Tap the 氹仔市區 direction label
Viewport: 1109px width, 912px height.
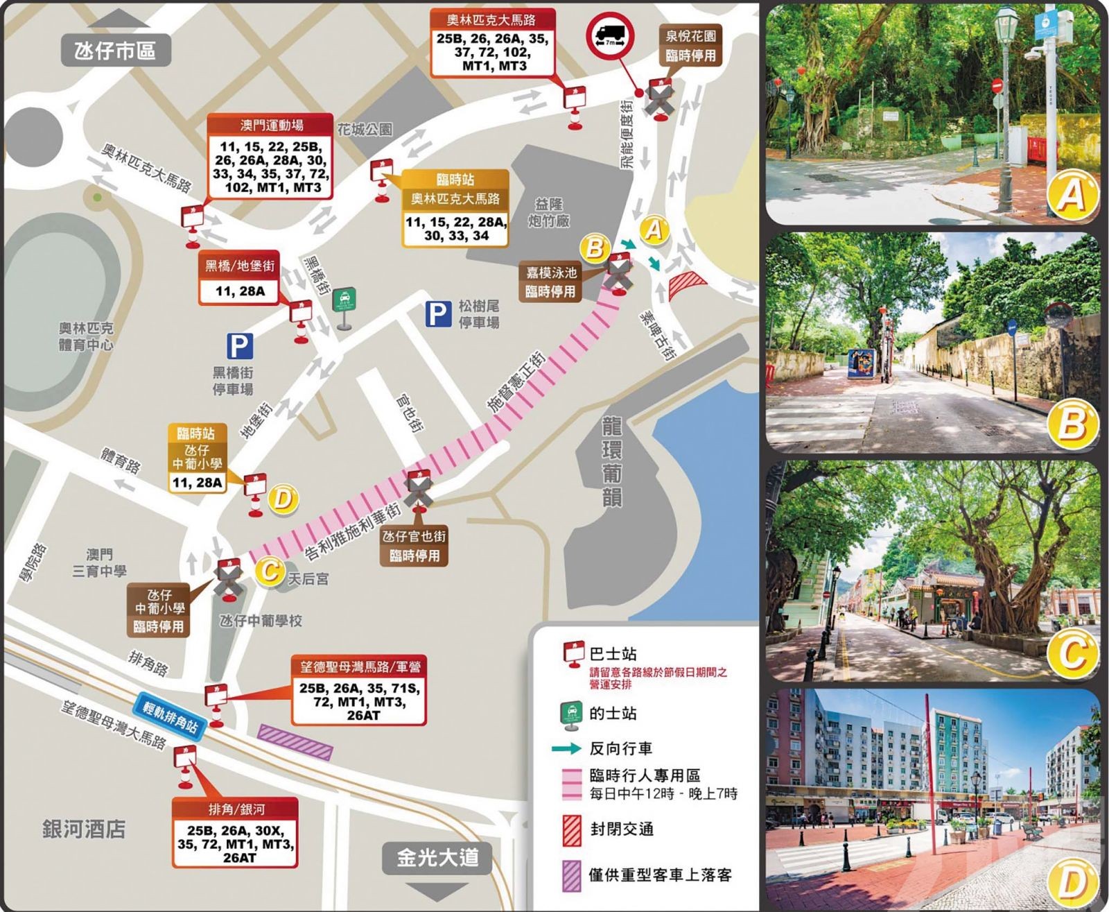pos(116,51)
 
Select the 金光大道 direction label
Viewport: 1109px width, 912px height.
pos(437,859)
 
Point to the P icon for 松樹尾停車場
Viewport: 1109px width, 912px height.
pos(438,314)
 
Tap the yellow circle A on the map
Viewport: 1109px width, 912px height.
pos(654,230)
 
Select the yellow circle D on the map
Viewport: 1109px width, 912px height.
pos(282,499)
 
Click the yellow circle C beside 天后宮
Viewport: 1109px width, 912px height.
pos(269,571)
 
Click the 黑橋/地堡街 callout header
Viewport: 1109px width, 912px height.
pos(240,266)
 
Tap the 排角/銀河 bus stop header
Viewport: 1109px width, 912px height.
pos(236,809)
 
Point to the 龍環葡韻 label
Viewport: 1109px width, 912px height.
pos(613,461)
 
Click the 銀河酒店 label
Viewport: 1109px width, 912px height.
pos(84,829)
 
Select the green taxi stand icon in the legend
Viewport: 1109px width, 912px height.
pos(572,715)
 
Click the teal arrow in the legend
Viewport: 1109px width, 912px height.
pos(566,749)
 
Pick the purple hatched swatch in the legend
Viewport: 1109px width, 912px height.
pos(572,875)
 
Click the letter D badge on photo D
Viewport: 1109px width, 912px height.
pos(1072,883)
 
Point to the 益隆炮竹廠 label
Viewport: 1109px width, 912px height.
pos(549,213)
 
